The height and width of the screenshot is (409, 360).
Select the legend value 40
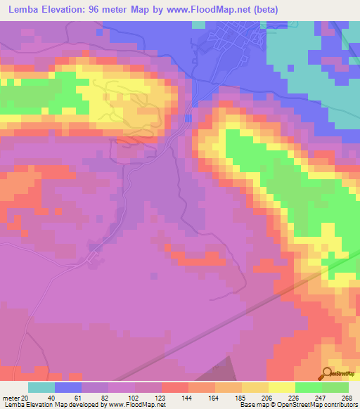click(41, 398)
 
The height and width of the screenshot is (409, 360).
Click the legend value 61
click(68, 398)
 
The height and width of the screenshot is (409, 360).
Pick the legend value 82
click(95, 398)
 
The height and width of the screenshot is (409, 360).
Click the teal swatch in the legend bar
click(41, 387)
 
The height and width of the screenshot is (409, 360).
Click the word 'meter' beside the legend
click(10, 398)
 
